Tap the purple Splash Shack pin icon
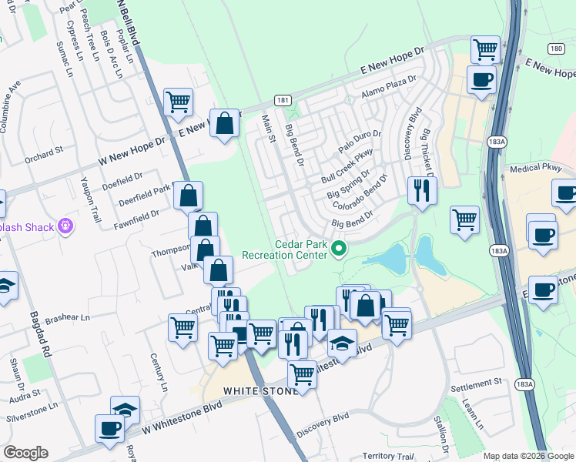pos(67,226)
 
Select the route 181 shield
pos(283,100)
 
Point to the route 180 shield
pos(557,49)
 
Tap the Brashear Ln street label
pos(67,317)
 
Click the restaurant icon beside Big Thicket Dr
pos(421,189)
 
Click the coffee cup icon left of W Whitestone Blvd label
pos(109,428)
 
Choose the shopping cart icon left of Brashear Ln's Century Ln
pos(183,327)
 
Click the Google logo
pos(25,453)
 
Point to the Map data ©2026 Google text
pos(527,456)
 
